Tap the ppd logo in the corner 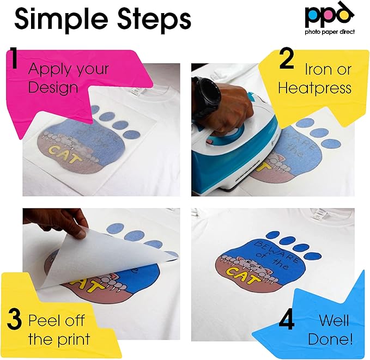click(330, 17)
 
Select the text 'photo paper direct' click(330, 32)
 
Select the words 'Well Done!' click(331, 330)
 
